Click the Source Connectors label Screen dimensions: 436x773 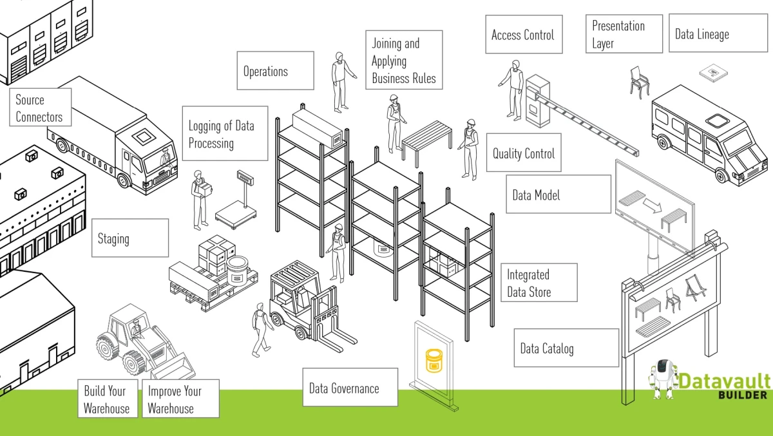40,108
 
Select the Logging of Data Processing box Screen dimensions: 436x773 225,134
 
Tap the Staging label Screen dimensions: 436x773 129,238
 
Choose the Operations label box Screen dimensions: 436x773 275,71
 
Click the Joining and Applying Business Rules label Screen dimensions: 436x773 404,61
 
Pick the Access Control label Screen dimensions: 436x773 523,35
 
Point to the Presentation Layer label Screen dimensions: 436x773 624,34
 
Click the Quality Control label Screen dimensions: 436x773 524,153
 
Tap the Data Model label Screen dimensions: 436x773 558,194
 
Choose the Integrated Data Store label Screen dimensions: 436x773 539,283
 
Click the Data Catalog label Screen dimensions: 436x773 566,348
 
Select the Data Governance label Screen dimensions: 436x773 350,388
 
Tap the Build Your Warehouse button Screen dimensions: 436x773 107,399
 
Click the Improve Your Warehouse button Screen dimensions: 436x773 180,399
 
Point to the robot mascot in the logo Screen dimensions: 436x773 663,379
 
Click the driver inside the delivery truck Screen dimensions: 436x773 165,156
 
